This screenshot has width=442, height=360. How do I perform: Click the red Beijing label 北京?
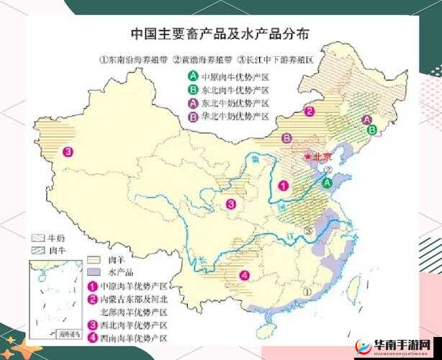click(320, 157)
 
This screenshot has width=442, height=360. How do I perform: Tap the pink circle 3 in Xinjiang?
click(68, 151)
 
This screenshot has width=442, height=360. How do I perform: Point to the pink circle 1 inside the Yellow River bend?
click(284, 185)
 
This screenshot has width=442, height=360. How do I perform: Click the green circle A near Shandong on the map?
click(328, 183)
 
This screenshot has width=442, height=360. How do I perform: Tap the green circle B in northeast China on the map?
click(372, 130)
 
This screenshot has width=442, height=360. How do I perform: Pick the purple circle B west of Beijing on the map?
click(287, 138)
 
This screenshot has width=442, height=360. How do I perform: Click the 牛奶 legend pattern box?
click(37, 237)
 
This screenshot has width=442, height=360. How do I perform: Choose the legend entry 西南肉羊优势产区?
click(134, 338)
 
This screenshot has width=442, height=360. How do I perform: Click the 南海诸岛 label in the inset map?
click(68, 334)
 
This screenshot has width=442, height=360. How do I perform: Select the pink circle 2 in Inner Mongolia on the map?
click(310, 111)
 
